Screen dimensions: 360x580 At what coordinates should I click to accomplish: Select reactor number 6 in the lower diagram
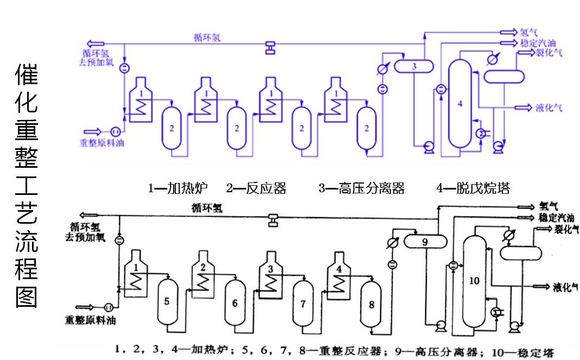pos(235,303)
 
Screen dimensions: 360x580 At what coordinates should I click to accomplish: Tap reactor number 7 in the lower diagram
pos(303,304)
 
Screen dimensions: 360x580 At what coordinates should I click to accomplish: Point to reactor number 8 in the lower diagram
pos(371,305)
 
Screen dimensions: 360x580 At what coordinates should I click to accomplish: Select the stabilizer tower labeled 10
pos(474,280)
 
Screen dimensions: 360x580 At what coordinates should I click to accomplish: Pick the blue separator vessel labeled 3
pos(414,66)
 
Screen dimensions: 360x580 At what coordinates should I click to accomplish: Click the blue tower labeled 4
pos(460,103)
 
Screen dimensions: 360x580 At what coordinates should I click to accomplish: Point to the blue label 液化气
pos(549,108)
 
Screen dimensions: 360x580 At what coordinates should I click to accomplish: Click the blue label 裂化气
pos(549,53)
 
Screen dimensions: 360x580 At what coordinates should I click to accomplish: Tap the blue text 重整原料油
pos(102,143)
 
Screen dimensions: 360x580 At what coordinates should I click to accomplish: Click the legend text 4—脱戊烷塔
pos(473,188)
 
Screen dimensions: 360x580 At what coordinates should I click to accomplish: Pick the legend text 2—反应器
pos(256,188)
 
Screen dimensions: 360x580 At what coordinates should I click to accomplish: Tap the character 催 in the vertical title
pos(26,75)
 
